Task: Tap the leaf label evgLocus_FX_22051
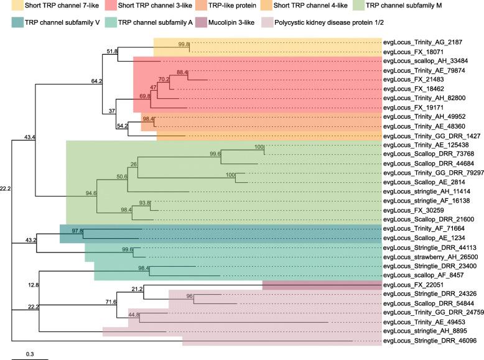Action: (x=416, y=285)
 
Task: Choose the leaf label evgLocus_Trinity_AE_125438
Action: (x=428, y=145)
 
